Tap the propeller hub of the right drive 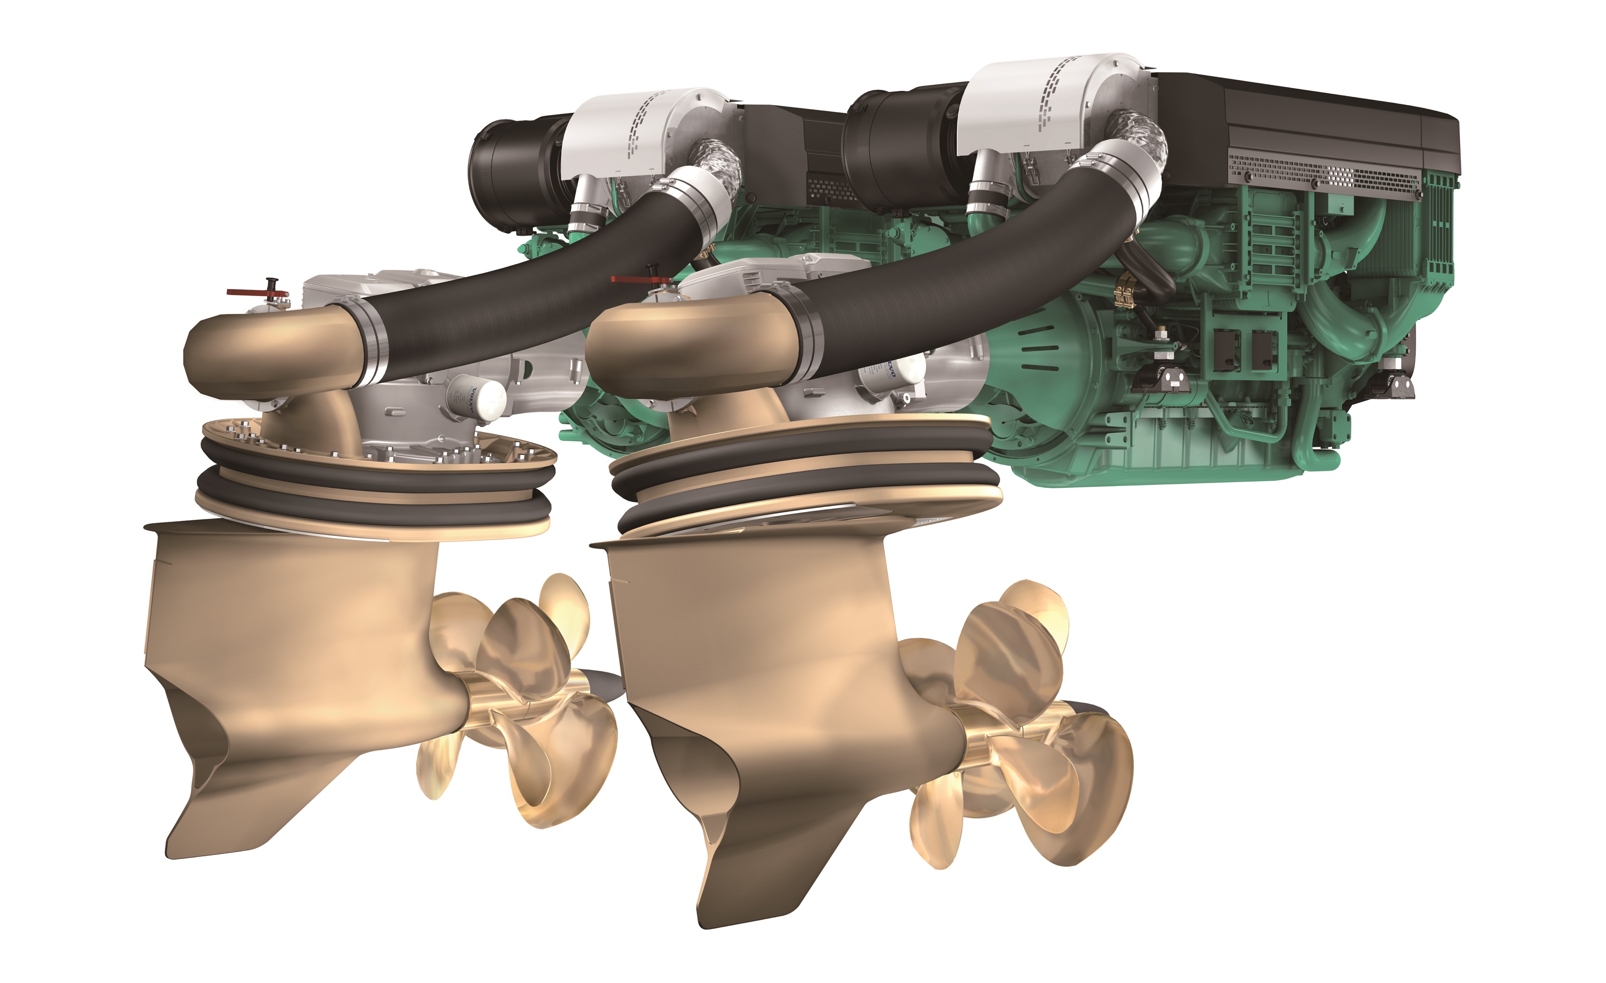tap(997, 743)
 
